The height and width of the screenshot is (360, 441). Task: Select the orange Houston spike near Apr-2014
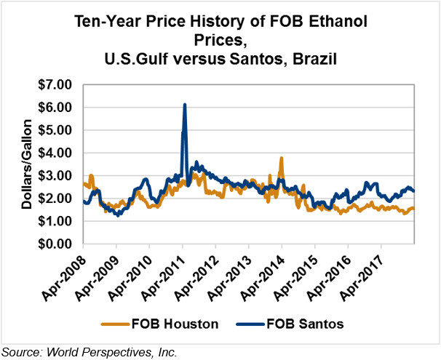282,158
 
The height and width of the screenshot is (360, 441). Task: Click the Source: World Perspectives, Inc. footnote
90,351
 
